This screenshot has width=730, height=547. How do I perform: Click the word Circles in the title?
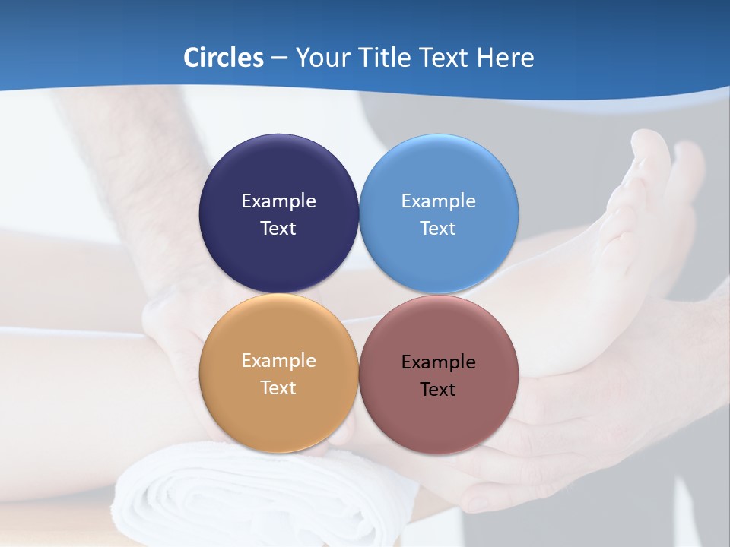[224, 58]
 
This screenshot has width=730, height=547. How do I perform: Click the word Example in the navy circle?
[278, 201]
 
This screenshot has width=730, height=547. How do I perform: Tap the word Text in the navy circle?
[278, 229]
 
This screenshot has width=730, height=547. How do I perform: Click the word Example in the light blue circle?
[439, 201]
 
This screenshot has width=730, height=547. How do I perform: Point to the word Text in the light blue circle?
[439, 229]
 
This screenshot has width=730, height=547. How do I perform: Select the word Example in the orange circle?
[278, 361]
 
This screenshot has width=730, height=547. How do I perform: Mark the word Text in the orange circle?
[278, 388]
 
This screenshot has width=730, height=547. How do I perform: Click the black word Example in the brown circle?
[439, 362]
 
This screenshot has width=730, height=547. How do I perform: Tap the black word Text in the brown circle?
[439, 390]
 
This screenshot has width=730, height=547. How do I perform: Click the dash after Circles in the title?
[279, 58]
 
